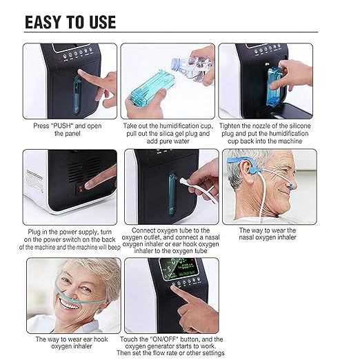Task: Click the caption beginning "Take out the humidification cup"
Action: (x=168, y=134)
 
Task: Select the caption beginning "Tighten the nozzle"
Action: (x=266, y=134)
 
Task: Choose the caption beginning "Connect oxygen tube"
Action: (x=168, y=239)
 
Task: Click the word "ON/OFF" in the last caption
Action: (x=173, y=339)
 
